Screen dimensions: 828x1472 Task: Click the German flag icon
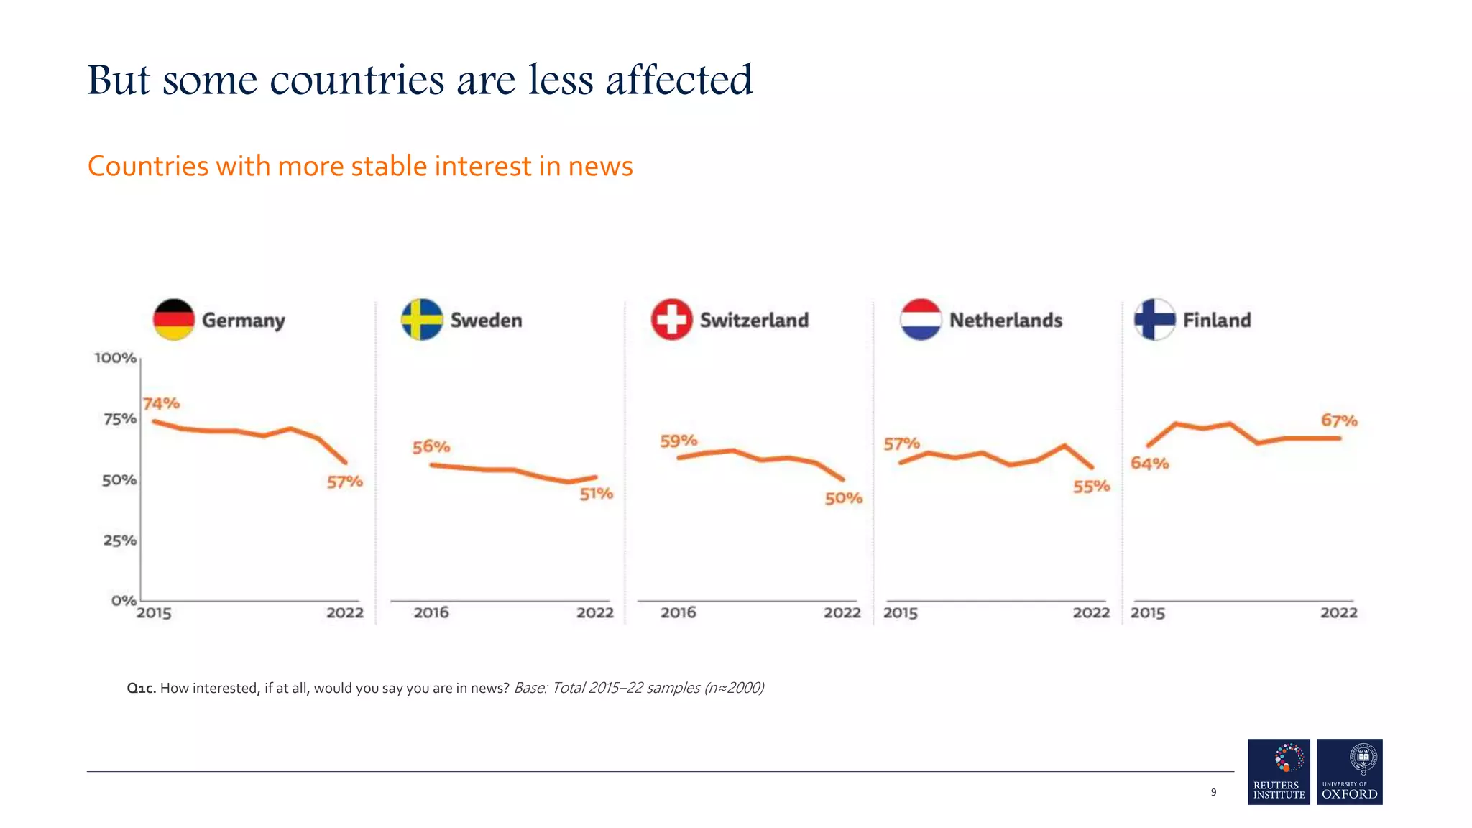174,320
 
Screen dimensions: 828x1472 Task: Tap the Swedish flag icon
422,320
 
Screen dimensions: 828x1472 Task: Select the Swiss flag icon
671,320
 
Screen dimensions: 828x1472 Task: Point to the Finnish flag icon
1154,320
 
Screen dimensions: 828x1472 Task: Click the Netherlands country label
1006,321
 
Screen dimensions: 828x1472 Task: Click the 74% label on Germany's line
161,404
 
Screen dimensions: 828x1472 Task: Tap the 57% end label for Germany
345,482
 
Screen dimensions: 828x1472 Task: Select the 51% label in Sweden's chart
597,494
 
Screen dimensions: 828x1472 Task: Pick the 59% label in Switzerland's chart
678,441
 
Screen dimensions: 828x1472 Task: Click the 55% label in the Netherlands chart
1091,487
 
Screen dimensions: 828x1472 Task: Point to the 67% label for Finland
1339,420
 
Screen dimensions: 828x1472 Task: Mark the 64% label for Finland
1149,464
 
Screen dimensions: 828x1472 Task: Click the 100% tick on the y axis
115,358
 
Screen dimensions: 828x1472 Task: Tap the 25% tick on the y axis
119,540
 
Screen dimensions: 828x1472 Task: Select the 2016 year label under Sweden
431,612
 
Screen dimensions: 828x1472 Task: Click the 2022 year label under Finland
1338,612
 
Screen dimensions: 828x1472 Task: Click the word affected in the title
678,80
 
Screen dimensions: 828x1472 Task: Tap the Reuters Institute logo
1279,772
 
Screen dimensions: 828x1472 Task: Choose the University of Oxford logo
1349,772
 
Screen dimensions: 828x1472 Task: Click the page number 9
1213,792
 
